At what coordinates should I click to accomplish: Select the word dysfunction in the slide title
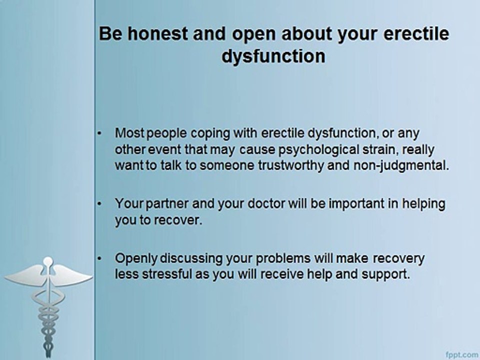[273, 56]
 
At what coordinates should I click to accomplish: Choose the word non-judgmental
[397, 166]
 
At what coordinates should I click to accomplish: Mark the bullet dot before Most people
[100, 133]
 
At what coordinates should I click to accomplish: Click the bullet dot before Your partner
[100, 204]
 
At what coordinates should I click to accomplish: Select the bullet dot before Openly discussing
[100, 258]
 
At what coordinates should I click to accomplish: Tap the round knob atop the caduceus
[47, 261]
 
